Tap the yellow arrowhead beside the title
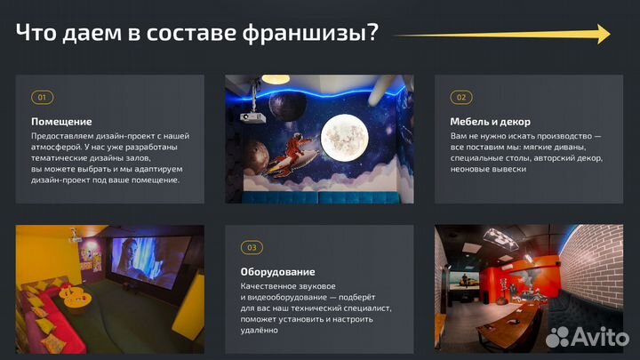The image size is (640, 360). pos(604,34)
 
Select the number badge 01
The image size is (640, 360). pos(41,97)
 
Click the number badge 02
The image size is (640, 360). pos(460,97)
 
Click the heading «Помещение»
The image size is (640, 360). pos(61,121)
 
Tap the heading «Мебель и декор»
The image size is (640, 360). pos(490,121)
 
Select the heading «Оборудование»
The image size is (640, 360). pos(277,271)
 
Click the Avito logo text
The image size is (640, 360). pos(596,336)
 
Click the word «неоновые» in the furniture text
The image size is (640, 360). pos(472,168)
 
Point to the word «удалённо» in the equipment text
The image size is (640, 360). pos(260,330)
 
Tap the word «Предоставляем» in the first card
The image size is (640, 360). pos(62,136)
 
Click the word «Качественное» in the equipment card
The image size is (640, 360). pos(268,286)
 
